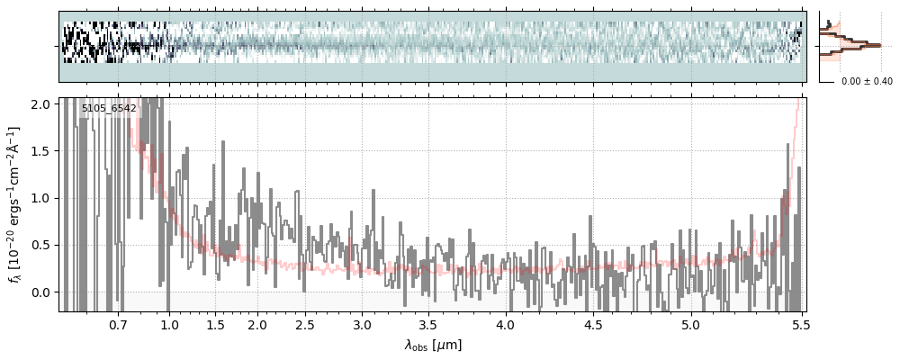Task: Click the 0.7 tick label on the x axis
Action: click(x=118, y=324)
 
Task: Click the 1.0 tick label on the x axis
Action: click(x=170, y=324)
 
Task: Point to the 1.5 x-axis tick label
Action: click(x=216, y=324)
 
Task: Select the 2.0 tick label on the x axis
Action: click(x=257, y=324)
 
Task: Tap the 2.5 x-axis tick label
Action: click(x=305, y=324)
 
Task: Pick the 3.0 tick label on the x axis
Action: click(x=362, y=324)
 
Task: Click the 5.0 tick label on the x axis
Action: click(x=690, y=324)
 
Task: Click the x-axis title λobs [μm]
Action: click(x=433, y=345)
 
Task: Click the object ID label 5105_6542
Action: click(x=109, y=109)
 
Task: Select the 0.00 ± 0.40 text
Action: click(x=867, y=81)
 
